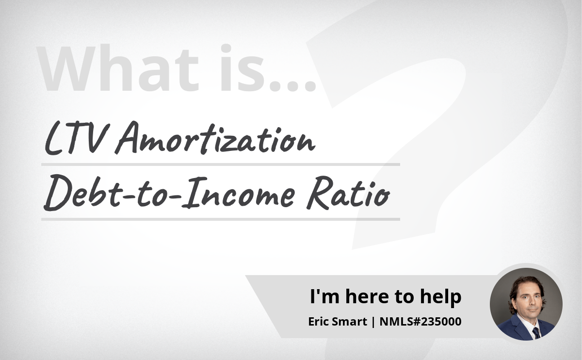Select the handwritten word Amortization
(x=215, y=138)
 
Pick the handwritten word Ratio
(x=348, y=193)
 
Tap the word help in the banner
(x=441, y=296)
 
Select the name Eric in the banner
(x=319, y=322)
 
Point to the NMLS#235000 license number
(x=420, y=322)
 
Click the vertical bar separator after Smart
(x=373, y=322)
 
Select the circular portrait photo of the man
(x=526, y=304)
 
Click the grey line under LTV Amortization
(x=220, y=164)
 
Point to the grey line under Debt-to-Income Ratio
(x=220, y=219)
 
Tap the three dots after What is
(x=292, y=86)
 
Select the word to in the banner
(x=404, y=297)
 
